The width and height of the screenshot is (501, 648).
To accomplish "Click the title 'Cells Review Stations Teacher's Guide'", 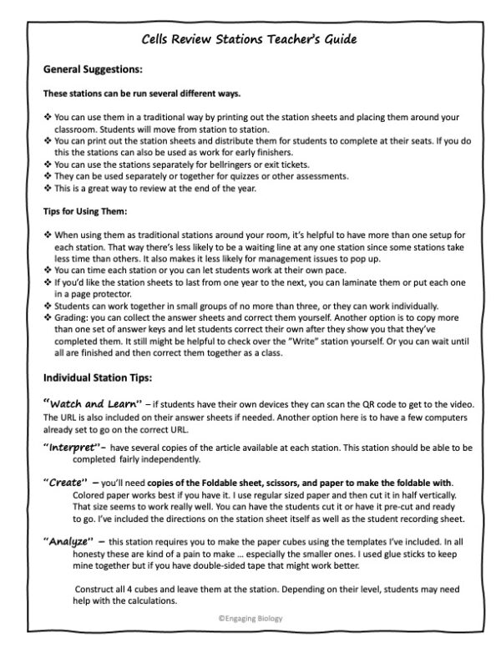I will click(250, 38).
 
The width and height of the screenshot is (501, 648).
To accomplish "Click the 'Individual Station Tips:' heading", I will click(98, 377).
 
